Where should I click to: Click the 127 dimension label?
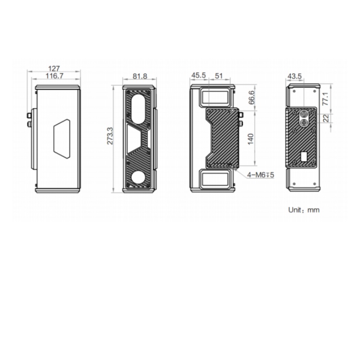pos(54,69)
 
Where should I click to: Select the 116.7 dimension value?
pos(54,76)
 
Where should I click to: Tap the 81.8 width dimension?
pos(140,76)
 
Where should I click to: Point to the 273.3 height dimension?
pos(110,136)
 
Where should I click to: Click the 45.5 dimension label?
pos(199,75)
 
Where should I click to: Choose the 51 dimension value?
pos(219,75)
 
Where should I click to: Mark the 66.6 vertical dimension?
pos(252,97)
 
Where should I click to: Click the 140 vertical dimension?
pos(251,139)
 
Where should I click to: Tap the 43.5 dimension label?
pos(295,76)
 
